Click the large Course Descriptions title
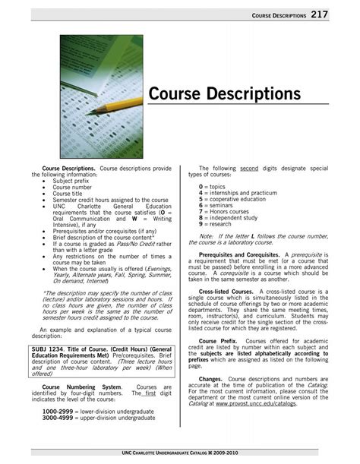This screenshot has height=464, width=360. (x=225, y=94)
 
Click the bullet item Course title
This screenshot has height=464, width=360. (x=71, y=194)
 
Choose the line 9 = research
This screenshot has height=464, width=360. (x=216, y=224)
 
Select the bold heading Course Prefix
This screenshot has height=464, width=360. (x=219, y=341)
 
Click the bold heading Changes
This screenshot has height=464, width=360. (x=210, y=378)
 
